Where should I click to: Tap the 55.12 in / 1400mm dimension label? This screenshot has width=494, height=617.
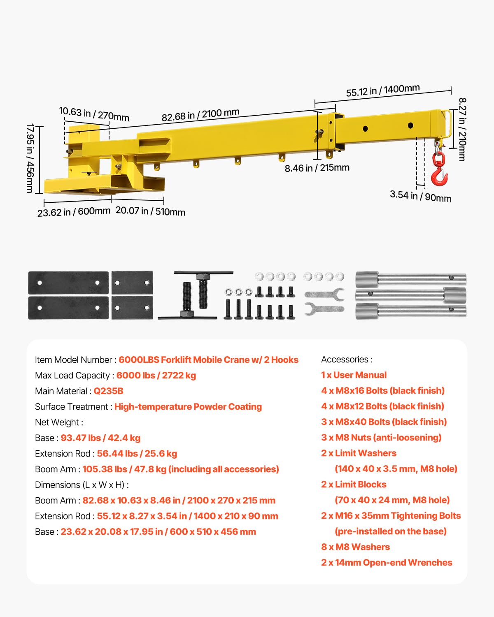[x=383, y=90]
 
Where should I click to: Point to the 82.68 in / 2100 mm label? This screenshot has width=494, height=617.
[x=200, y=115]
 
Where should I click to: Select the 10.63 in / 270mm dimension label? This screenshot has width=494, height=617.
[x=94, y=114]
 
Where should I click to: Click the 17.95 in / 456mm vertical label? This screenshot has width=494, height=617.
[x=30, y=158]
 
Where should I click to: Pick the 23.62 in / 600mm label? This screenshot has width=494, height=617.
[x=74, y=212]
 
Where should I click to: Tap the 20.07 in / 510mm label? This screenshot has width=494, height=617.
[x=150, y=211]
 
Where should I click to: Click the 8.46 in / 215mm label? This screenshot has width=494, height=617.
[x=317, y=168]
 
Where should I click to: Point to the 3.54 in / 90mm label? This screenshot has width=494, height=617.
[x=420, y=196]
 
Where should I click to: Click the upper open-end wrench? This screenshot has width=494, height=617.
[x=324, y=294]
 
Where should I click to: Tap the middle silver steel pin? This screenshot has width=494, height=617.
[x=410, y=295]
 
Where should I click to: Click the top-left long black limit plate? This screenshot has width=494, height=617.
[x=68, y=283]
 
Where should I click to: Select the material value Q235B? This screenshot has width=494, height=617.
[x=108, y=391]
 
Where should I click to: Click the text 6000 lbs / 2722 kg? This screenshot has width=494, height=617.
[x=156, y=376]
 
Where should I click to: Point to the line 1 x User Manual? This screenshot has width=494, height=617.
[x=354, y=375]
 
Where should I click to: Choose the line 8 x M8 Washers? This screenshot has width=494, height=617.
[x=355, y=547]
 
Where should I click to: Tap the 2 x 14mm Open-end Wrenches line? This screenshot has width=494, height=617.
[x=387, y=563]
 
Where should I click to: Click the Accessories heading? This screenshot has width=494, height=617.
[x=347, y=360]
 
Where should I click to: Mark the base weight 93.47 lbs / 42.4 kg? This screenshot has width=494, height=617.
[x=100, y=438]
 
